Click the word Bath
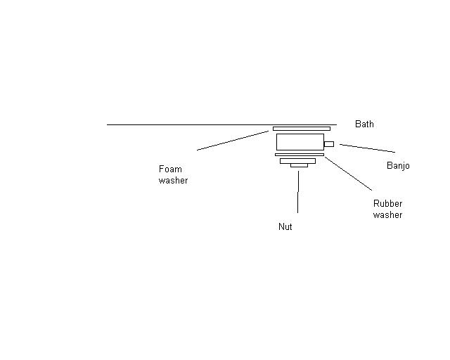pyautogui.click(x=364, y=124)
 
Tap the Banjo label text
pyautogui.click(x=398, y=166)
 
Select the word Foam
pyautogui.click(x=170, y=169)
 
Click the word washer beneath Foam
pyautogui.click(x=173, y=180)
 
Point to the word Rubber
pyautogui.click(x=387, y=204)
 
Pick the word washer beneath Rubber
pyautogui.click(x=387, y=215)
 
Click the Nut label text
pyautogui.click(x=285, y=227)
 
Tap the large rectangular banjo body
pyautogui.click(x=300, y=142)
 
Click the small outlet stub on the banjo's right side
pyautogui.click(x=328, y=144)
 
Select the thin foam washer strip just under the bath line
pyautogui.click(x=301, y=129)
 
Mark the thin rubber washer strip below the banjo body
pyautogui.click(x=299, y=155)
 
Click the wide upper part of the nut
pyautogui.click(x=297, y=161)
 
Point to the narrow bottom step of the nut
pyautogui.click(x=298, y=166)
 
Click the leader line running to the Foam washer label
pyautogui.click(x=232, y=140)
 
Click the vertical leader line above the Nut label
pyautogui.click(x=297, y=191)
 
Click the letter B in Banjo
pyautogui.click(x=390, y=166)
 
